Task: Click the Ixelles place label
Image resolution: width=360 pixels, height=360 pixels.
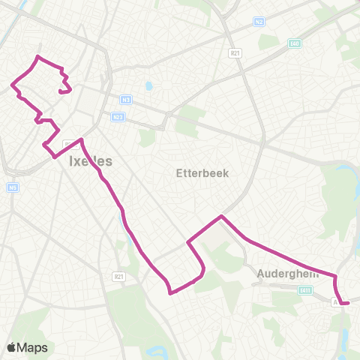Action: point(90,160)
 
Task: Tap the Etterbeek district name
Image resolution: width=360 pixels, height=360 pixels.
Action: point(202,172)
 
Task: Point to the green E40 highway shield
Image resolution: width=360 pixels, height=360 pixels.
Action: point(294,43)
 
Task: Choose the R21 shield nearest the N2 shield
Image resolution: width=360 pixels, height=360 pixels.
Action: point(235,54)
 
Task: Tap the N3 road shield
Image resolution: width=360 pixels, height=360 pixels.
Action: point(125,98)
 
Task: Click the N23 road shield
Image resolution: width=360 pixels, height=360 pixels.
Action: point(117,116)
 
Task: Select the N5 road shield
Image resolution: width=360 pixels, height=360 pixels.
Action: point(13,187)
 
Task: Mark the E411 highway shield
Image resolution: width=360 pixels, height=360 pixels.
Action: point(304,290)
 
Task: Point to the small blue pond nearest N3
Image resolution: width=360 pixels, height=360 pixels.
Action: point(148,85)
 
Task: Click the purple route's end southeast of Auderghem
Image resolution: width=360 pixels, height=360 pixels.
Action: point(349,303)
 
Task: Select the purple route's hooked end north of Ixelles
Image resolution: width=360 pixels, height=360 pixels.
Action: point(59,91)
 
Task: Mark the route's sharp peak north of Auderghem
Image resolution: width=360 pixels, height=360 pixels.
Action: point(221,216)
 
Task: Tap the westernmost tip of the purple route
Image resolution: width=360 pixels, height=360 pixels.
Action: point(11,85)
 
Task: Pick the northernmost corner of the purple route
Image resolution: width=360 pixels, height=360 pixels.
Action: point(38,57)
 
